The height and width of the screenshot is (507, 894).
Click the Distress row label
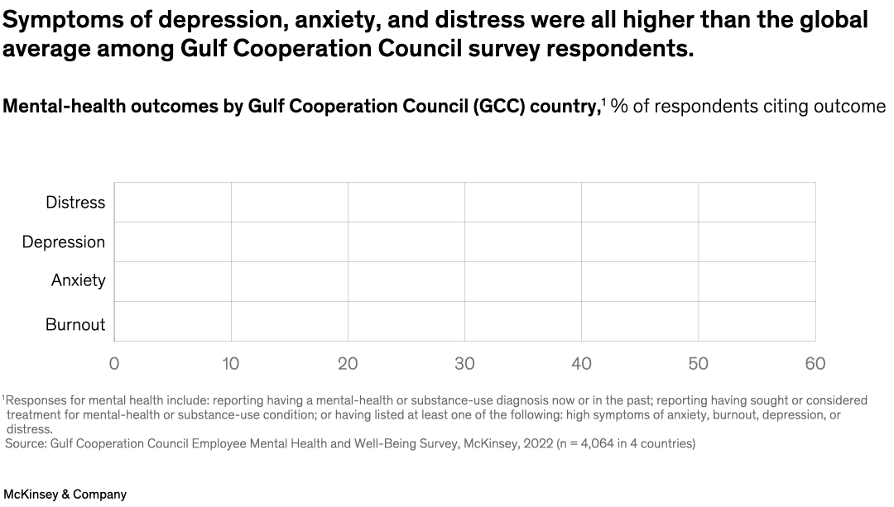(x=75, y=203)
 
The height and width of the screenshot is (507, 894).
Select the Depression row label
(x=64, y=242)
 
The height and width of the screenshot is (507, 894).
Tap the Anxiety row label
(x=79, y=280)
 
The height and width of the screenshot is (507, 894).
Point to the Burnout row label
(x=75, y=325)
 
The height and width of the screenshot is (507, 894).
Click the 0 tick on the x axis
(x=114, y=364)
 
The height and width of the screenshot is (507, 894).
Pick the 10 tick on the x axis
(x=231, y=364)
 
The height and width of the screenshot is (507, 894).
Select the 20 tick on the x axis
(x=348, y=364)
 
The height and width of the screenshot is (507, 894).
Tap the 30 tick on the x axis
(x=464, y=364)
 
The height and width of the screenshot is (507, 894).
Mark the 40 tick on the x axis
(x=582, y=364)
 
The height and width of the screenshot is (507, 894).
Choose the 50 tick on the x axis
(x=699, y=364)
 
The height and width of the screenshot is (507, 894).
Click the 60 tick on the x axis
(x=815, y=364)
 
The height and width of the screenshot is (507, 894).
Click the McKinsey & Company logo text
(x=65, y=495)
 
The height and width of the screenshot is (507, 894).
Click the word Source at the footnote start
(x=25, y=444)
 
